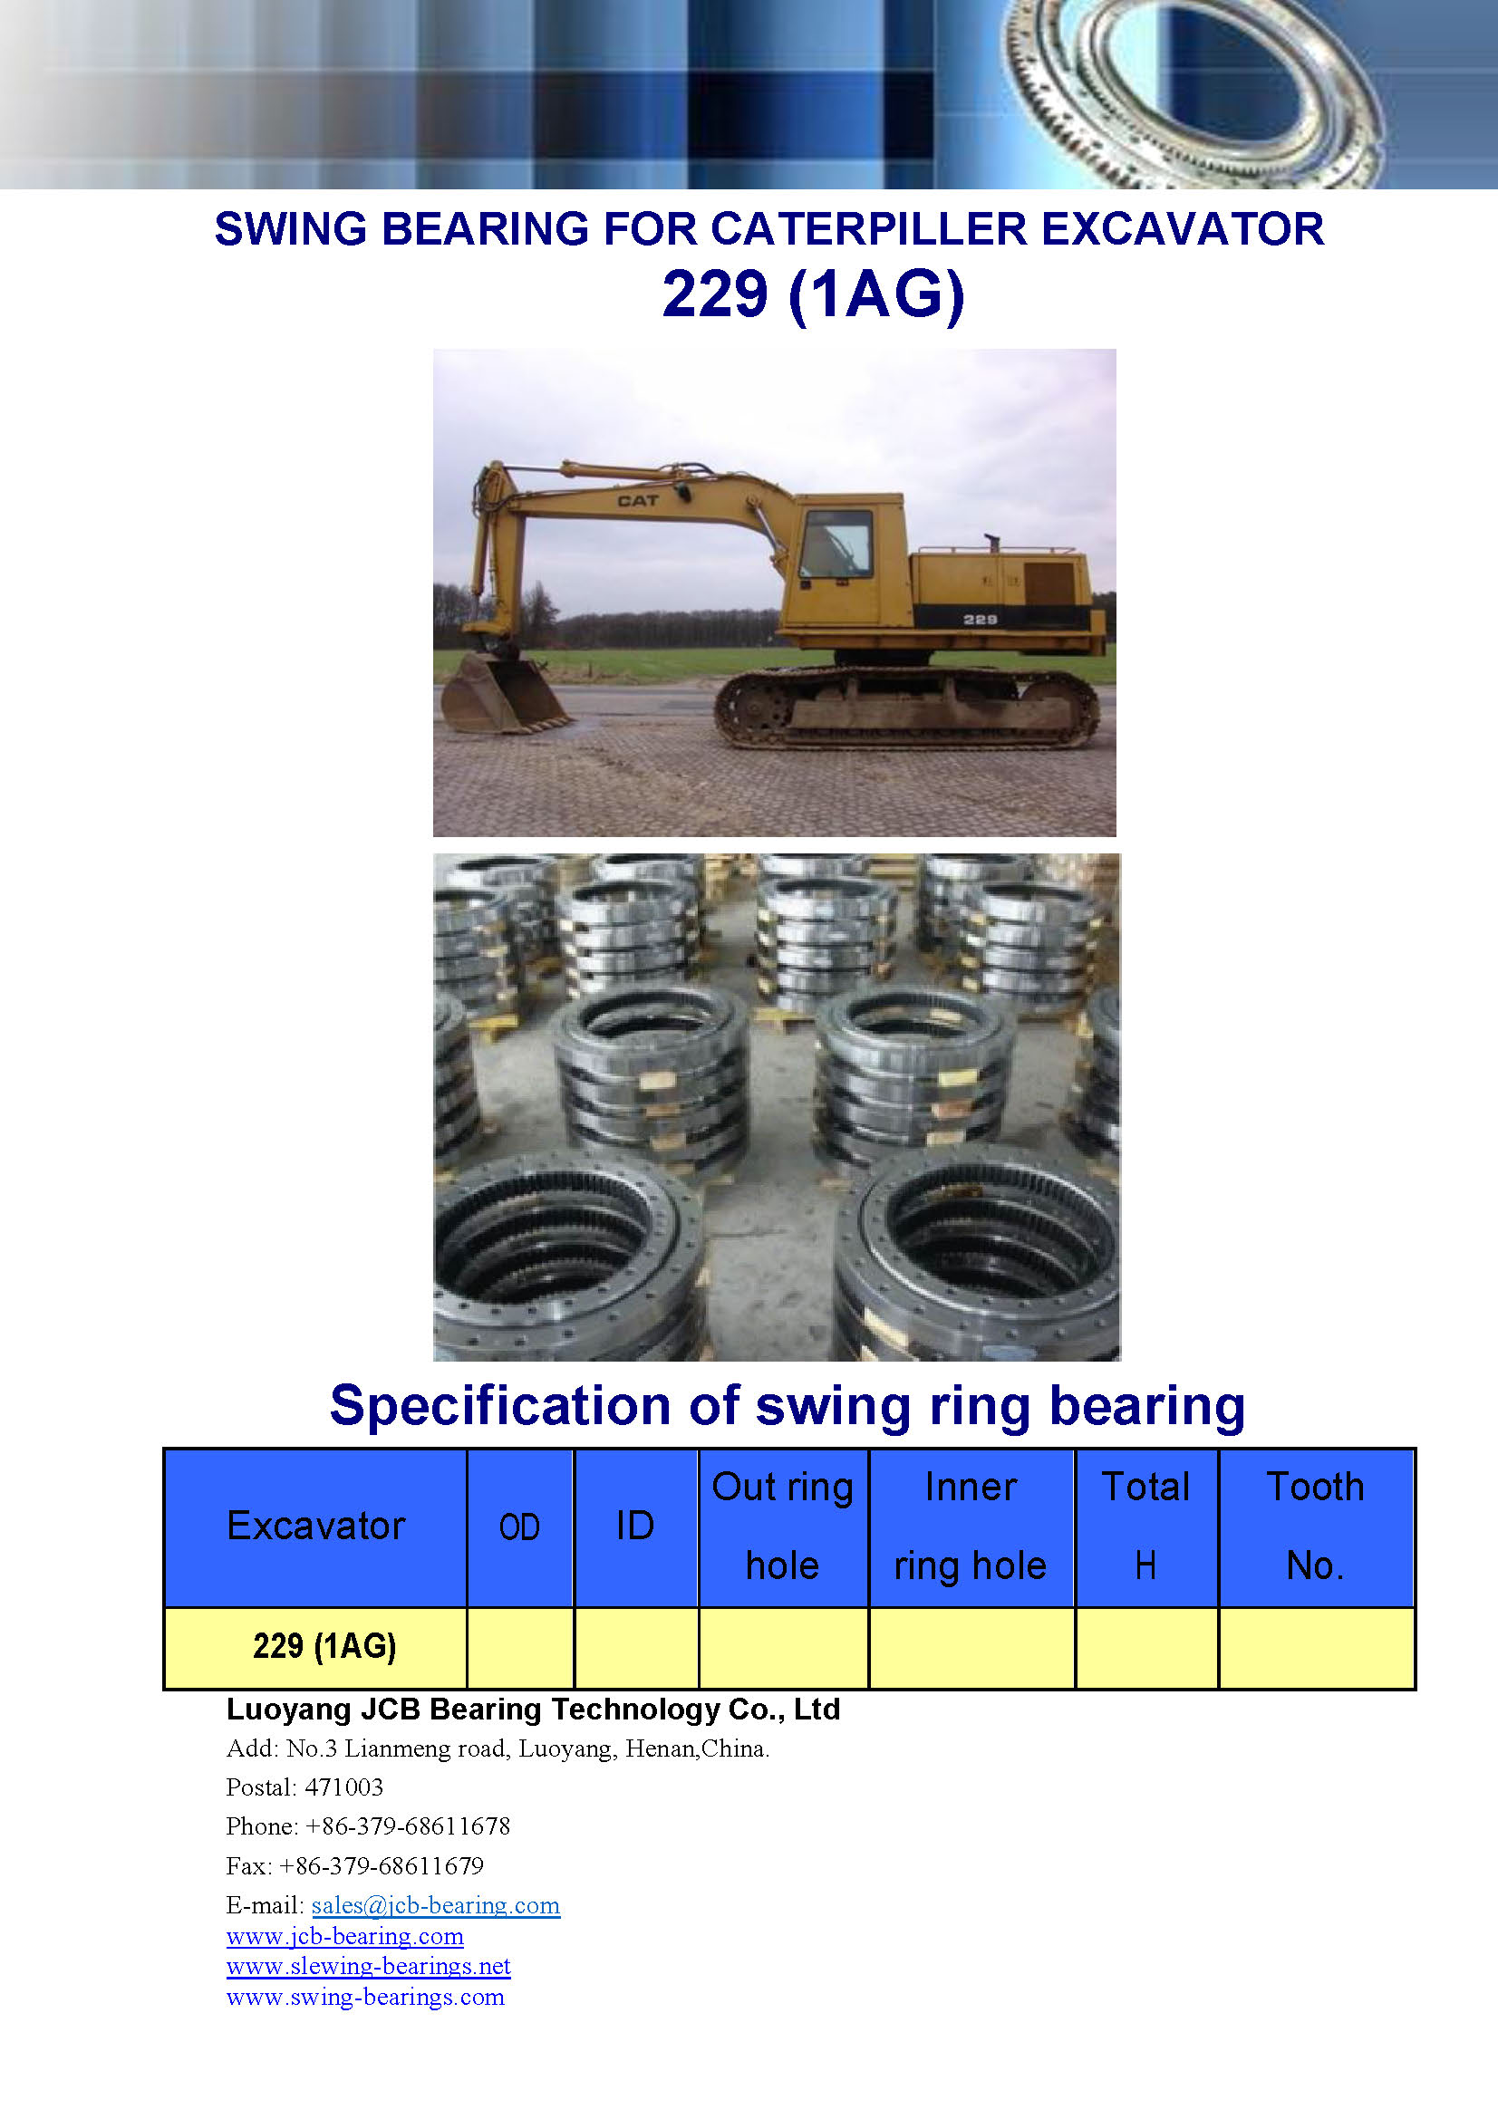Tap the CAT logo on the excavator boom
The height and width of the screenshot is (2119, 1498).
pyautogui.click(x=638, y=500)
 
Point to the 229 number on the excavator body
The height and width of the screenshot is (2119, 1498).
pyautogui.click(x=981, y=620)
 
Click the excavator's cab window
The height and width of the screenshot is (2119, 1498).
pyautogui.click(x=836, y=544)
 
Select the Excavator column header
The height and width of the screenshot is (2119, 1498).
pyautogui.click(x=315, y=1526)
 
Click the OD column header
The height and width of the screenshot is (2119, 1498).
pyautogui.click(x=519, y=1527)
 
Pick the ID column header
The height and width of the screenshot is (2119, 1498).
pyautogui.click(x=636, y=1526)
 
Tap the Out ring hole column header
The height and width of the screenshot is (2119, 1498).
pyautogui.click(x=783, y=1526)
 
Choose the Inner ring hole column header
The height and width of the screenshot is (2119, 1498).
pyautogui.click(x=971, y=1526)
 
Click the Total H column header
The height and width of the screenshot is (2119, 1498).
pyautogui.click(x=1145, y=1526)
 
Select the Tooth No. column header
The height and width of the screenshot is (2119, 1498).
pyautogui.click(x=1315, y=1526)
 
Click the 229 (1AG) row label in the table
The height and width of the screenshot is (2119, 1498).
pyautogui.click(x=325, y=1645)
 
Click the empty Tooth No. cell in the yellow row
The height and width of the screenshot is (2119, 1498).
pyautogui.click(x=1316, y=1647)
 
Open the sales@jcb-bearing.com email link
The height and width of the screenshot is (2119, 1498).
pyautogui.click(x=436, y=1905)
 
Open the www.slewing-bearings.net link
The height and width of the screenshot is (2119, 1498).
pyautogui.click(x=368, y=1966)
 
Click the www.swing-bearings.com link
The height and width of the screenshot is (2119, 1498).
pyautogui.click(x=365, y=1997)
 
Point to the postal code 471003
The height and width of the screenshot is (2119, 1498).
pyautogui.click(x=343, y=1787)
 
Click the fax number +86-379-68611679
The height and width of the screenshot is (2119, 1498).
pyautogui.click(x=382, y=1866)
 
